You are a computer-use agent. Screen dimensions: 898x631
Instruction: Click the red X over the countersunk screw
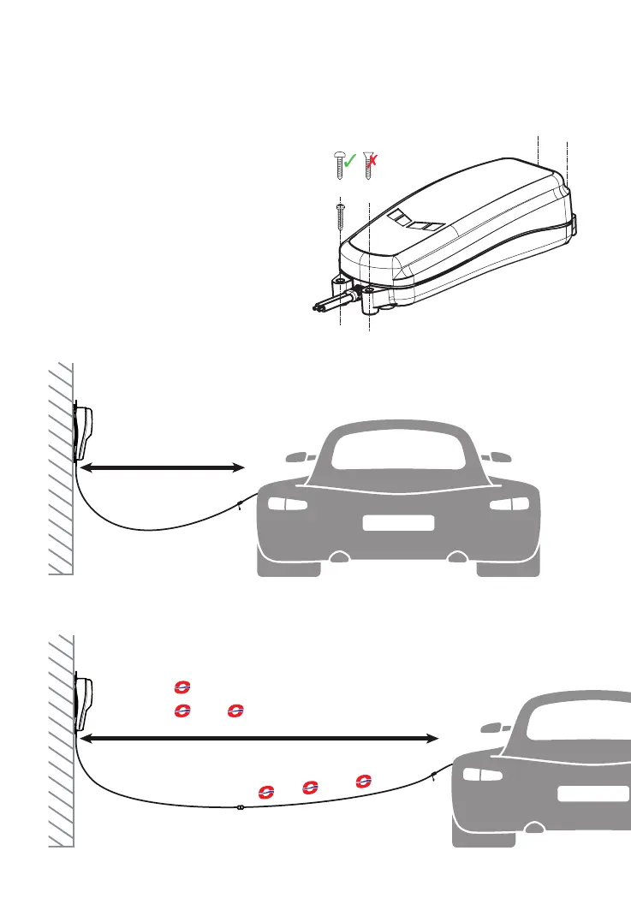pyautogui.click(x=375, y=160)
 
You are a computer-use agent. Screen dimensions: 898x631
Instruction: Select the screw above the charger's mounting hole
pyautogui.click(x=340, y=215)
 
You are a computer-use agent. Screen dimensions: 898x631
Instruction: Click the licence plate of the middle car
pyautogui.click(x=398, y=523)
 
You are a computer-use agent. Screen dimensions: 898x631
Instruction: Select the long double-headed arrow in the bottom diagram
pyautogui.click(x=258, y=737)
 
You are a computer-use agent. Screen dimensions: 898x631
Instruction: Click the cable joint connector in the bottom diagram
pyautogui.click(x=240, y=807)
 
